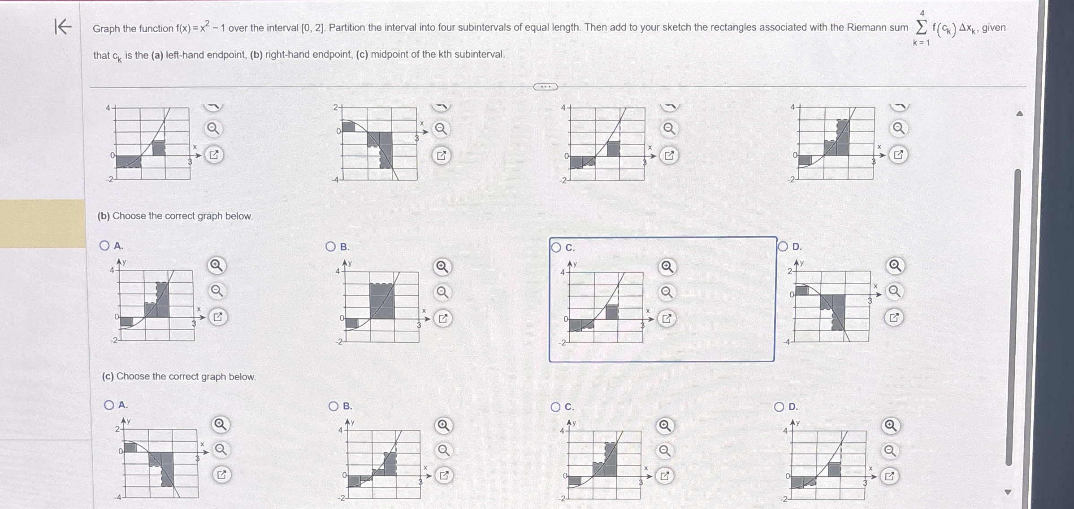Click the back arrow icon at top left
tap(62, 26)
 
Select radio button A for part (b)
tap(104, 246)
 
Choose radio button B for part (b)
tap(330, 247)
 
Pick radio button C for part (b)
tap(556, 248)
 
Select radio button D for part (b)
tap(783, 247)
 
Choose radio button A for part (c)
tap(109, 405)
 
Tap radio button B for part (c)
tap(333, 406)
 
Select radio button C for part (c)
tap(555, 407)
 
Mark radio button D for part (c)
tap(780, 407)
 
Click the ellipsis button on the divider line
tap(545, 87)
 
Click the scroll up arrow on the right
tap(1019, 114)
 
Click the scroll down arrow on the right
tap(1008, 492)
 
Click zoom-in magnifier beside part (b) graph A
tap(217, 266)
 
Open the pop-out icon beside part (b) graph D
tap(894, 318)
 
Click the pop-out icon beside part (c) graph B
tap(444, 475)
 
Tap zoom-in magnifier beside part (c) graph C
tap(665, 426)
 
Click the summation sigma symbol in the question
tap(921, 27)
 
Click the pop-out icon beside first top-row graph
tap(214, 155)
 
